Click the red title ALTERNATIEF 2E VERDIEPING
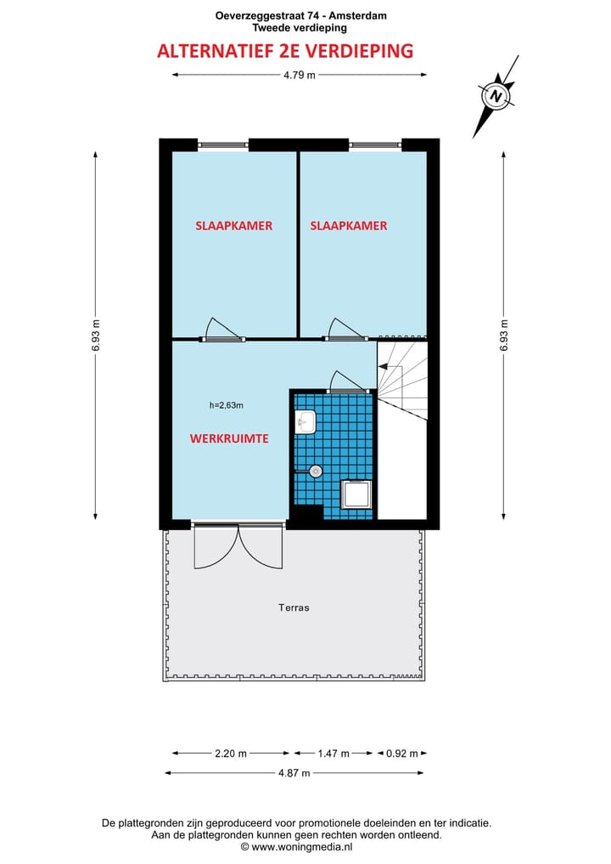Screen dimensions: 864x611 285,51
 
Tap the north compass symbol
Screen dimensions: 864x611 496,96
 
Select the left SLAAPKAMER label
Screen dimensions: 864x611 233,226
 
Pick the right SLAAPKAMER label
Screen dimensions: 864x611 348,226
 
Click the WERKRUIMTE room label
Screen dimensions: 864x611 229,438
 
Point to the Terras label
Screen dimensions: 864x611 294,607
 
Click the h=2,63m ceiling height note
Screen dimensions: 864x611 227,405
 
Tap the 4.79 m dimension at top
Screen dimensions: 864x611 299,75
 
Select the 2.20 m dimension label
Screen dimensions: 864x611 230,753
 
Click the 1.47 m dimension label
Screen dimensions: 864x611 334,753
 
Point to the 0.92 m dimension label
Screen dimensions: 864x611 402,753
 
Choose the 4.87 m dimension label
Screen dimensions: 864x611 294,772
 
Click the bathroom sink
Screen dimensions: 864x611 306,420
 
